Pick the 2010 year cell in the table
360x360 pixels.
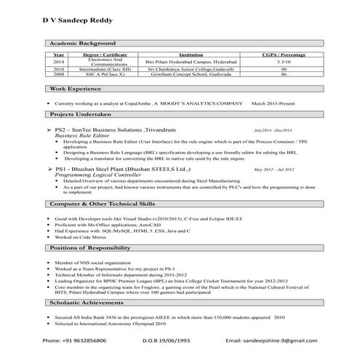click(58, 69)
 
